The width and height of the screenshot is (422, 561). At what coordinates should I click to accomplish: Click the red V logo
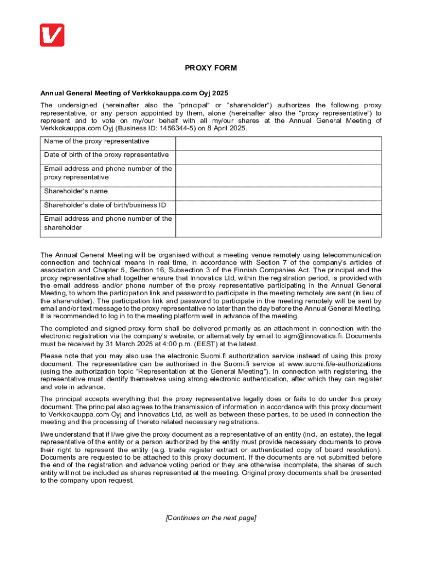click(52, 35)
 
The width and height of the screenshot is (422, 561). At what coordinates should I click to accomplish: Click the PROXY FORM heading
click(211, 68)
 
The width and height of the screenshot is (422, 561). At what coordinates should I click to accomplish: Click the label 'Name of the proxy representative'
click(96, 141)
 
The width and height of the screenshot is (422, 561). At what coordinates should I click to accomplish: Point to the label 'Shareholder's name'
click(76, 191)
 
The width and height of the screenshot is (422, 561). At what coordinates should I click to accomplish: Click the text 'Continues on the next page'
click(211, 518)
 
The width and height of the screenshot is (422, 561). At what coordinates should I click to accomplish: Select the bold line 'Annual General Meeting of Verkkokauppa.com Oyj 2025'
click(134, 93)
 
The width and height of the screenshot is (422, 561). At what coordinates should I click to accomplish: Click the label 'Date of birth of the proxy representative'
click(106, 155)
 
